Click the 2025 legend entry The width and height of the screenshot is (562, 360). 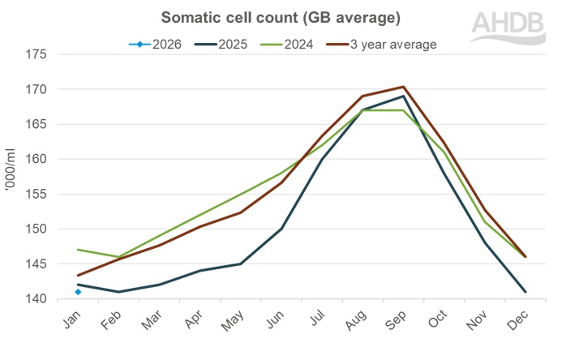click(x=224, y=44)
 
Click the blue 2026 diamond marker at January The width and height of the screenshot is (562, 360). click(x=78, y=292)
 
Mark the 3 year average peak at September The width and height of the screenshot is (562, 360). click(x=403, y=87)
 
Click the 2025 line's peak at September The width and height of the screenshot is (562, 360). click(x=403, y=96)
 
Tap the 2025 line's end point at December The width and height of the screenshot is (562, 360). click(x=525, y=292)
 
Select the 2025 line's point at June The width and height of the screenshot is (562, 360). click(x=281, y=229)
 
